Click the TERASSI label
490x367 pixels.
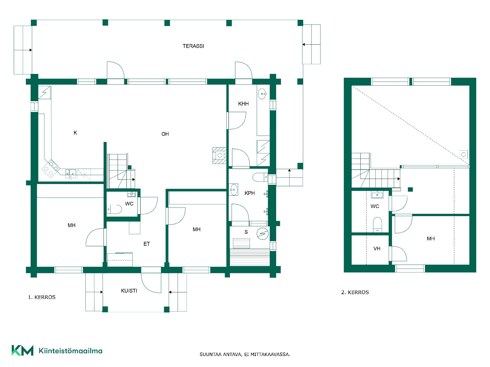click(x=193, y=46)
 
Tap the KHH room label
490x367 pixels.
click(x=243, y=104)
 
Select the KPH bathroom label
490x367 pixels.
click(x=250, y=193)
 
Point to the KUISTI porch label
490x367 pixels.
click(x=129, y=291)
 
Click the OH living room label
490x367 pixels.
click(x=165, y=134)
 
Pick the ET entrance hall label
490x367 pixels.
click(x=146, y=244)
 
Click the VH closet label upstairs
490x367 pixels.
click(x=377, y=248)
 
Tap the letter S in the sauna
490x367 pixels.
click(x=246, y=232)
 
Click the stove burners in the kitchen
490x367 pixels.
click(x=51, y=168)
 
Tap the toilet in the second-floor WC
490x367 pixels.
click(x=377, y=225)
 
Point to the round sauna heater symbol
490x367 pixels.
click(x=263, y=233)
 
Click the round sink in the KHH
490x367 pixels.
click(x=262, y=94)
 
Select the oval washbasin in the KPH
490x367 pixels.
click(x=234, y=190)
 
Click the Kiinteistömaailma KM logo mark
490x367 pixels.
click(x=22, y=350)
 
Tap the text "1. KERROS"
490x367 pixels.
click(x=42, y=297)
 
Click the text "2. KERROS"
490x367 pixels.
click(x=355, y=292)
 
